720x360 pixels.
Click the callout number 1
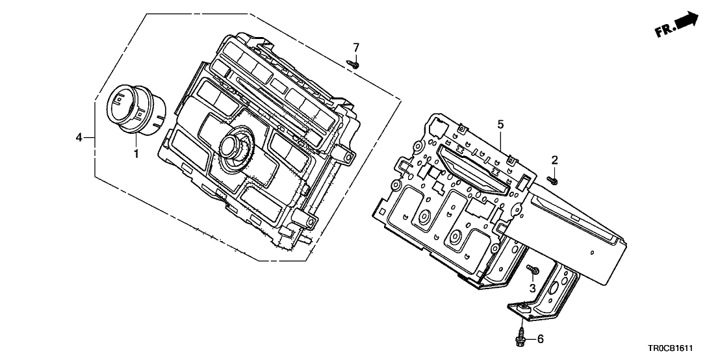[136, 154]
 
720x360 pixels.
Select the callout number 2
[554, 159]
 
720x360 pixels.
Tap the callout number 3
[532, 287]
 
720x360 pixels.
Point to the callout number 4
[79, 137]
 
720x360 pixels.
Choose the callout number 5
[500, 123]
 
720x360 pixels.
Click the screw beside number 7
[354, 64]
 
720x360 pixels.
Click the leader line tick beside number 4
[90, 137]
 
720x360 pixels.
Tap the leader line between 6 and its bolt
[530, 339]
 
